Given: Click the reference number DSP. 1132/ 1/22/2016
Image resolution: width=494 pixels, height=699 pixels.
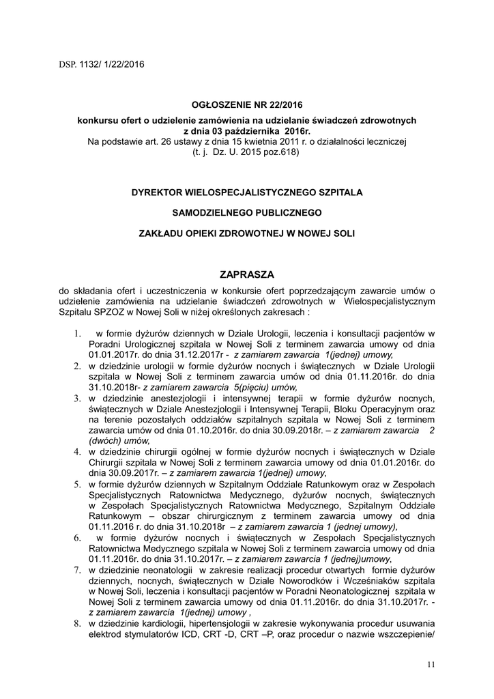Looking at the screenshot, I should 101,65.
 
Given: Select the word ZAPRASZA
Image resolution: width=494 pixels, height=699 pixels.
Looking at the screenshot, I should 247,274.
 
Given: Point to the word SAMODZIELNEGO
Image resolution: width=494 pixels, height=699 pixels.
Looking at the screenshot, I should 218,212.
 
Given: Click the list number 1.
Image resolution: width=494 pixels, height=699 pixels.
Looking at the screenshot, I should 77,334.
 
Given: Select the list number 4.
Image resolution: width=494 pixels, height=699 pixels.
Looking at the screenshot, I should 77,451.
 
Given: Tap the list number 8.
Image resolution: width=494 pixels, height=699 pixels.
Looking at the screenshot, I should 77,623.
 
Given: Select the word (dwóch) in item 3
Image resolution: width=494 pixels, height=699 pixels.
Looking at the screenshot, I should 106,440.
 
